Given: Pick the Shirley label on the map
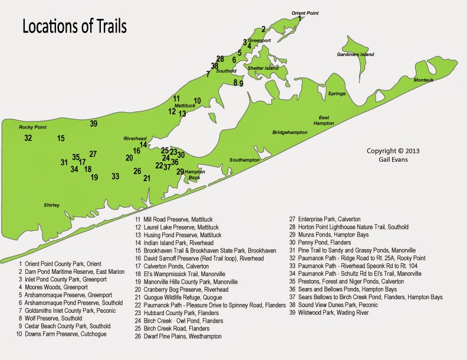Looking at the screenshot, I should click(x=52, y=205).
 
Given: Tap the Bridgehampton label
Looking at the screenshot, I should click(x=290, y=133).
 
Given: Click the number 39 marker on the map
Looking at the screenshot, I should click(x=94, y=123).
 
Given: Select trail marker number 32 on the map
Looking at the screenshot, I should click(x=28, y=138).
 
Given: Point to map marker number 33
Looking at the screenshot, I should click(x=116, y=176).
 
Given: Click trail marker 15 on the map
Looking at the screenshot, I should click(x=61, y=138).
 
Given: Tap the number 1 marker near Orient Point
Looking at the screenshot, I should click(x=300, y=18).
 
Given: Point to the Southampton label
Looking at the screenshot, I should click(x=245, y=160).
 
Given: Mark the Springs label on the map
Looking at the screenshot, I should click(x=337, y=94).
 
